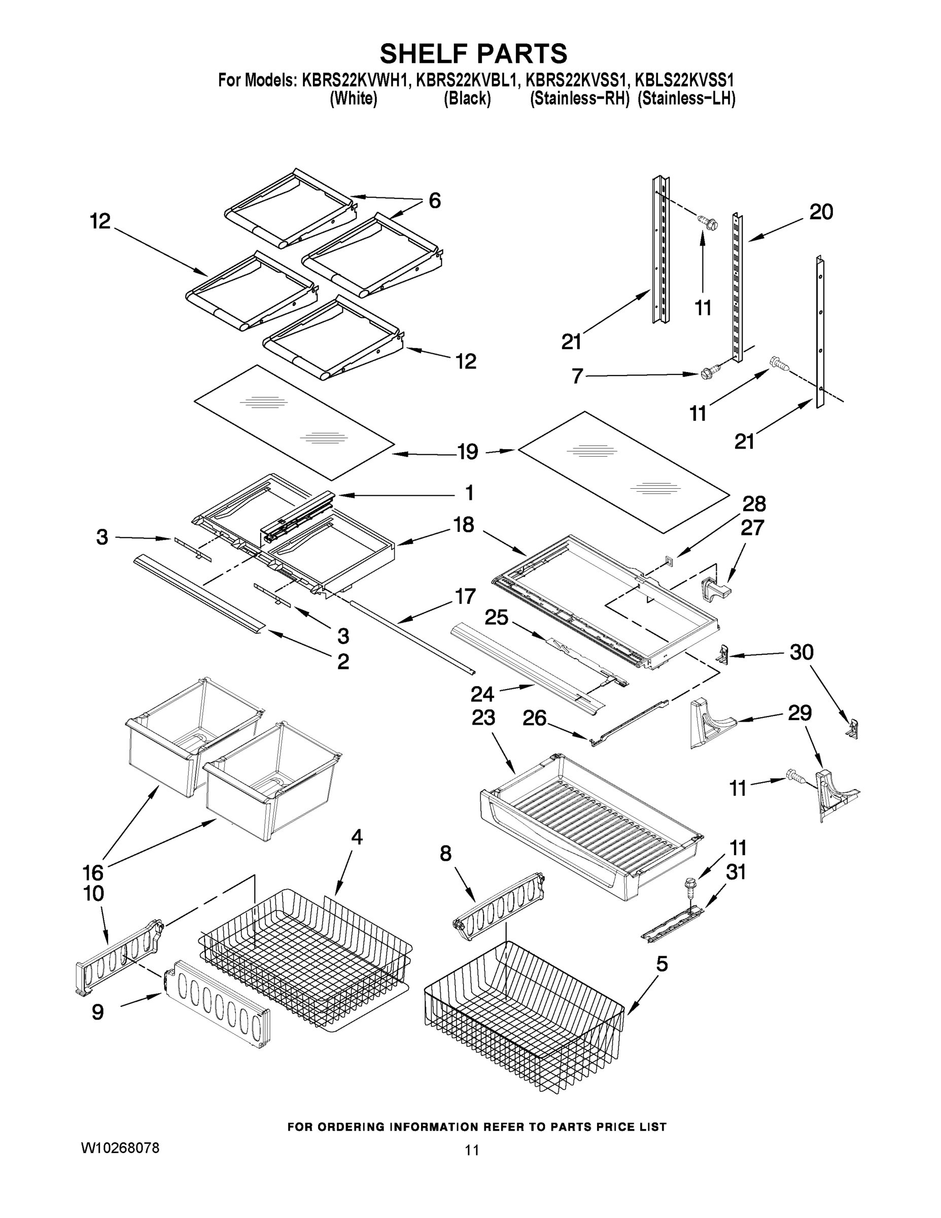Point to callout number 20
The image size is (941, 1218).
[821, 212]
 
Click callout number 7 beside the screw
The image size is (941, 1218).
[577, 376]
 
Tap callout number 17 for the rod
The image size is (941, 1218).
[465, 596]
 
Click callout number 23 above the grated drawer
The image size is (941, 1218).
[483, 717]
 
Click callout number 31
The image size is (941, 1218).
[735, 872]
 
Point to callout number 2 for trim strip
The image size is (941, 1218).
[343, 661]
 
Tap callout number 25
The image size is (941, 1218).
[496, 617]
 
